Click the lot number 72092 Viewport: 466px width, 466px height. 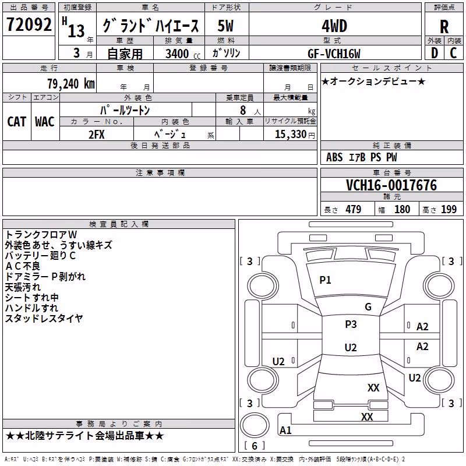(x=29, y=24)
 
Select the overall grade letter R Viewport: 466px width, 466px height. (x=444, y=27)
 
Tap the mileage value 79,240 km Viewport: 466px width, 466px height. (x=71, y=84)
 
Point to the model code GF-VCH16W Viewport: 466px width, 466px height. (x=334, y=54)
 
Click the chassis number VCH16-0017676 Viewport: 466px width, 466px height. (x=391, y=185)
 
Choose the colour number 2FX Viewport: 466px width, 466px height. (x=97, y=135)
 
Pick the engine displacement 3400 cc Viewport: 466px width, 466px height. (x=183, y=54)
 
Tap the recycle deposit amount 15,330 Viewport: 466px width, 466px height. (x=290, y=134)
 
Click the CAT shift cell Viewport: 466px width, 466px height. (x=17, y=122)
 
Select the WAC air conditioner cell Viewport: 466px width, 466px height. (x=45, y=122)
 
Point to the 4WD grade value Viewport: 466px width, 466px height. (x=334, y=26)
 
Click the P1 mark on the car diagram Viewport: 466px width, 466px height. (x=325, y=280)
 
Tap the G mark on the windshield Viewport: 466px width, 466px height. (x=368, y=306)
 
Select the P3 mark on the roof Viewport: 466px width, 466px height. (x=351, y=324)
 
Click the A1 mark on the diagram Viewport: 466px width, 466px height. (x=285, y=430)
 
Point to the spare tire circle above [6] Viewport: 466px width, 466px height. (x=255, y=425)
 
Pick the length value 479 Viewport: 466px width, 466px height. (x=354, y=209)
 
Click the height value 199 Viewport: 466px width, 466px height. (x=449, y=209)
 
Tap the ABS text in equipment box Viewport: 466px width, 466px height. (x=334, y=157)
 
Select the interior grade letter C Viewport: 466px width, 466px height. (x=453, y=53)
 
